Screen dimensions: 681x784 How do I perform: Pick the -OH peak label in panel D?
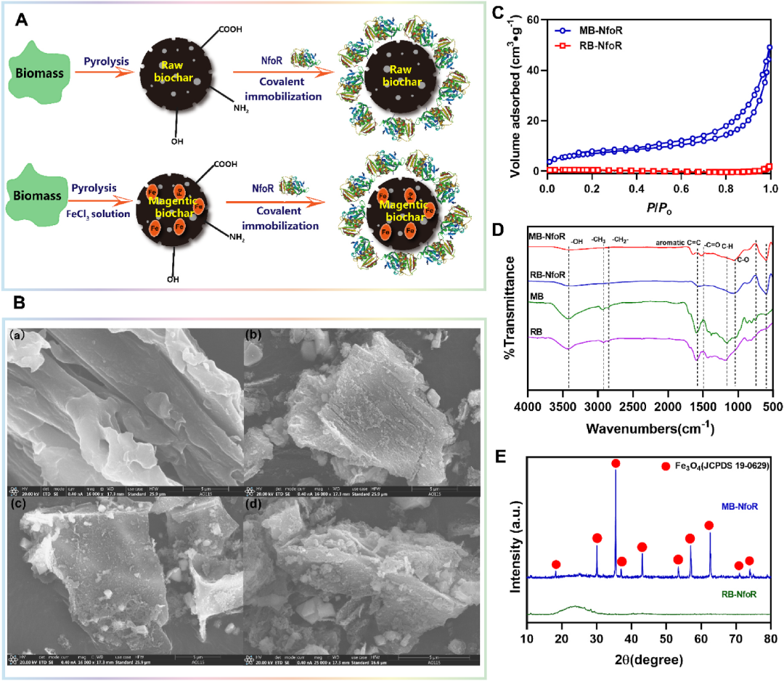[578, 242]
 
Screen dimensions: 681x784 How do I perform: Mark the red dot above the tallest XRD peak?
[616, 463]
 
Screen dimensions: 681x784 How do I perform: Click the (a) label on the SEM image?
[19, 337]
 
